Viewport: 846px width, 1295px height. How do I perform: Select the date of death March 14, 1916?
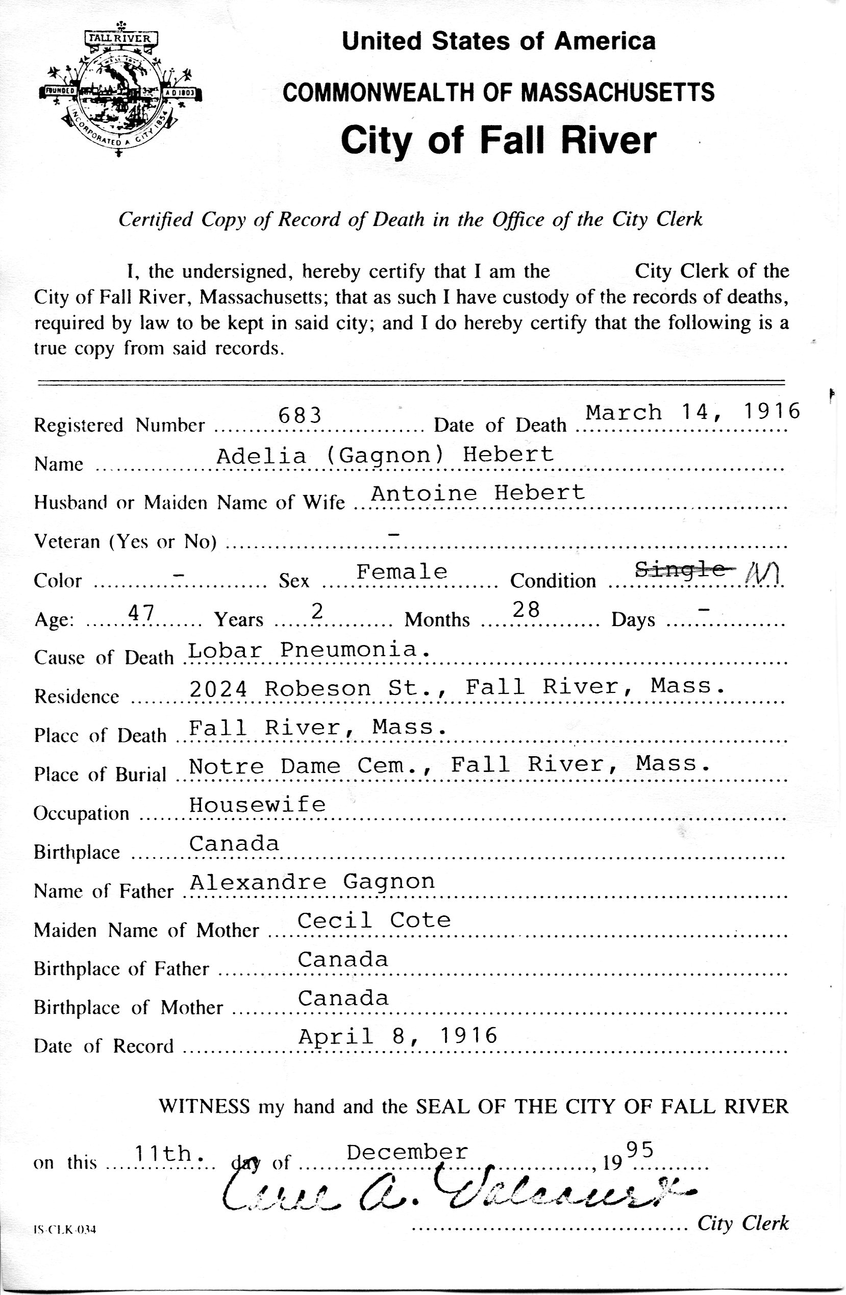[692, 412]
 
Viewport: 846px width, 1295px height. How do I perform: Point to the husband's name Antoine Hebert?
[477, 492]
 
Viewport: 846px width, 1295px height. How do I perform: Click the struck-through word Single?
[680, 570]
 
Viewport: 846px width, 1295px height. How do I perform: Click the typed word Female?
[402, 572]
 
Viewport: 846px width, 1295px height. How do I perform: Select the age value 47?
[141, 613]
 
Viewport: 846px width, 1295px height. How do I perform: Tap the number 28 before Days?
[526, 609]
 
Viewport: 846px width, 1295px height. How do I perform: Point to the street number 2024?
[218, 689]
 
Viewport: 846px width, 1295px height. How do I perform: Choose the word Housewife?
[257, 804]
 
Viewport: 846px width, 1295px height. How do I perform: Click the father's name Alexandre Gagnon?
[312, 882]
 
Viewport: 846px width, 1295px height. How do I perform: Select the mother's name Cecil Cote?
[374, 920]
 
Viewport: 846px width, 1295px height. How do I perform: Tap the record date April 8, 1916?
[397, 1036]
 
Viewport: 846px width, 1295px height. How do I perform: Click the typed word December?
[407, 1151]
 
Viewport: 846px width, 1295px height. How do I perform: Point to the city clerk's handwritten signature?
[457, 1191]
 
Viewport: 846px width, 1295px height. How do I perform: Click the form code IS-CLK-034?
[64, 1229]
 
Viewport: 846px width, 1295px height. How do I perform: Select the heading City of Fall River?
[499, 140]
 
